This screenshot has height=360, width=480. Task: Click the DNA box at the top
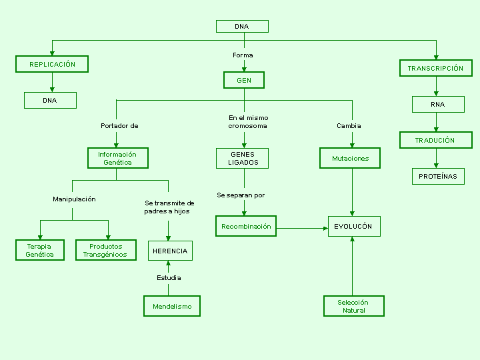(242, 26)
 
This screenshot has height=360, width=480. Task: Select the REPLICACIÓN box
(52, 64)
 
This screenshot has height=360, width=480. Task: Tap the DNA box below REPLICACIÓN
(50, 101)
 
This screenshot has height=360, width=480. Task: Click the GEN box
(244, 80)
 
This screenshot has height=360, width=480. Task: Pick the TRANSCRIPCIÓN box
(436, 68)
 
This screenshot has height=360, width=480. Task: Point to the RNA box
(438, 105)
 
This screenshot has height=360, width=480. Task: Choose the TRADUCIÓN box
(436, 140)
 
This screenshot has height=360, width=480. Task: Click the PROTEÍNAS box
(438, 176)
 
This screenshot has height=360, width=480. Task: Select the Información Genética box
(118, 158)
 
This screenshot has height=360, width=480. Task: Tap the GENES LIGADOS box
(242, 158)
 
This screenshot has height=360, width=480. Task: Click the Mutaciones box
(350, 158)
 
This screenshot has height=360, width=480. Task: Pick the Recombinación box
(246, 226)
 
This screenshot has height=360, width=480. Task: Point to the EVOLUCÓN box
(354, 226)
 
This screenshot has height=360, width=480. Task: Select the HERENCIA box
(170, 251)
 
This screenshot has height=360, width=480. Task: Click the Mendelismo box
(172, 306)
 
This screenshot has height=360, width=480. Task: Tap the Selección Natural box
(354, 306)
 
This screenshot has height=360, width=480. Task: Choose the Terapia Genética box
(40, 250)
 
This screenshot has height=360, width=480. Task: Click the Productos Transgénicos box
(106, 250)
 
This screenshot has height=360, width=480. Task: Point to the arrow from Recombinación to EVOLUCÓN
(302, 229)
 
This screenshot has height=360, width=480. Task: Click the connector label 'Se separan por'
(241, 195)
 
